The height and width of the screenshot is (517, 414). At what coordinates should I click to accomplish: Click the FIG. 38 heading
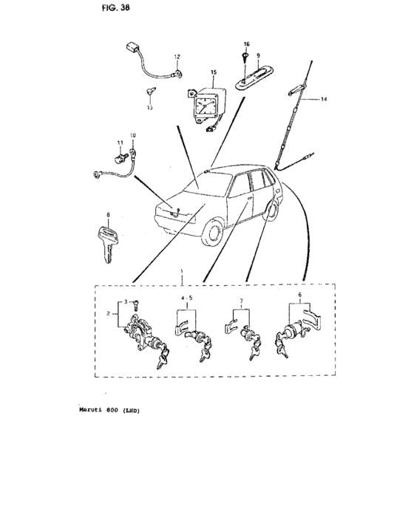(x=116, y=7)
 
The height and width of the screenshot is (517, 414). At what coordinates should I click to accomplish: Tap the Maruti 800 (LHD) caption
(x=109, y=411)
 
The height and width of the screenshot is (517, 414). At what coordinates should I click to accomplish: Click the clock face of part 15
(x=203, y=105)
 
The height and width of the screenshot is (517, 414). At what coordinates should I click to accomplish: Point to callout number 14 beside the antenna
(x=324, y=99)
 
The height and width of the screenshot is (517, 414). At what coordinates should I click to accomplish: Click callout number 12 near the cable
(x=177, y=57)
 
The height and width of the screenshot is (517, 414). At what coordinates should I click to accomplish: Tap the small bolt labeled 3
(x=136, y=305)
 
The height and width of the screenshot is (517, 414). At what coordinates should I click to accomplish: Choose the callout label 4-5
(x=186, y=298)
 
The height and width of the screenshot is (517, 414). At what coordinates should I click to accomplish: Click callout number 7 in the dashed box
(x=241, y=301)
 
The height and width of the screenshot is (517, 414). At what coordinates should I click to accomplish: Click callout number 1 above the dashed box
(x=182, y=271)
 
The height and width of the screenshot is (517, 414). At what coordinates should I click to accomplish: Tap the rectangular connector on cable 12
(x=132, y=49)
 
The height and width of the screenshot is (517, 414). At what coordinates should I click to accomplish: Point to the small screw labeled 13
(x=152, y=92)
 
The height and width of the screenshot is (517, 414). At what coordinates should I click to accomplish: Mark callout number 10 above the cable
(x=133, y=135)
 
